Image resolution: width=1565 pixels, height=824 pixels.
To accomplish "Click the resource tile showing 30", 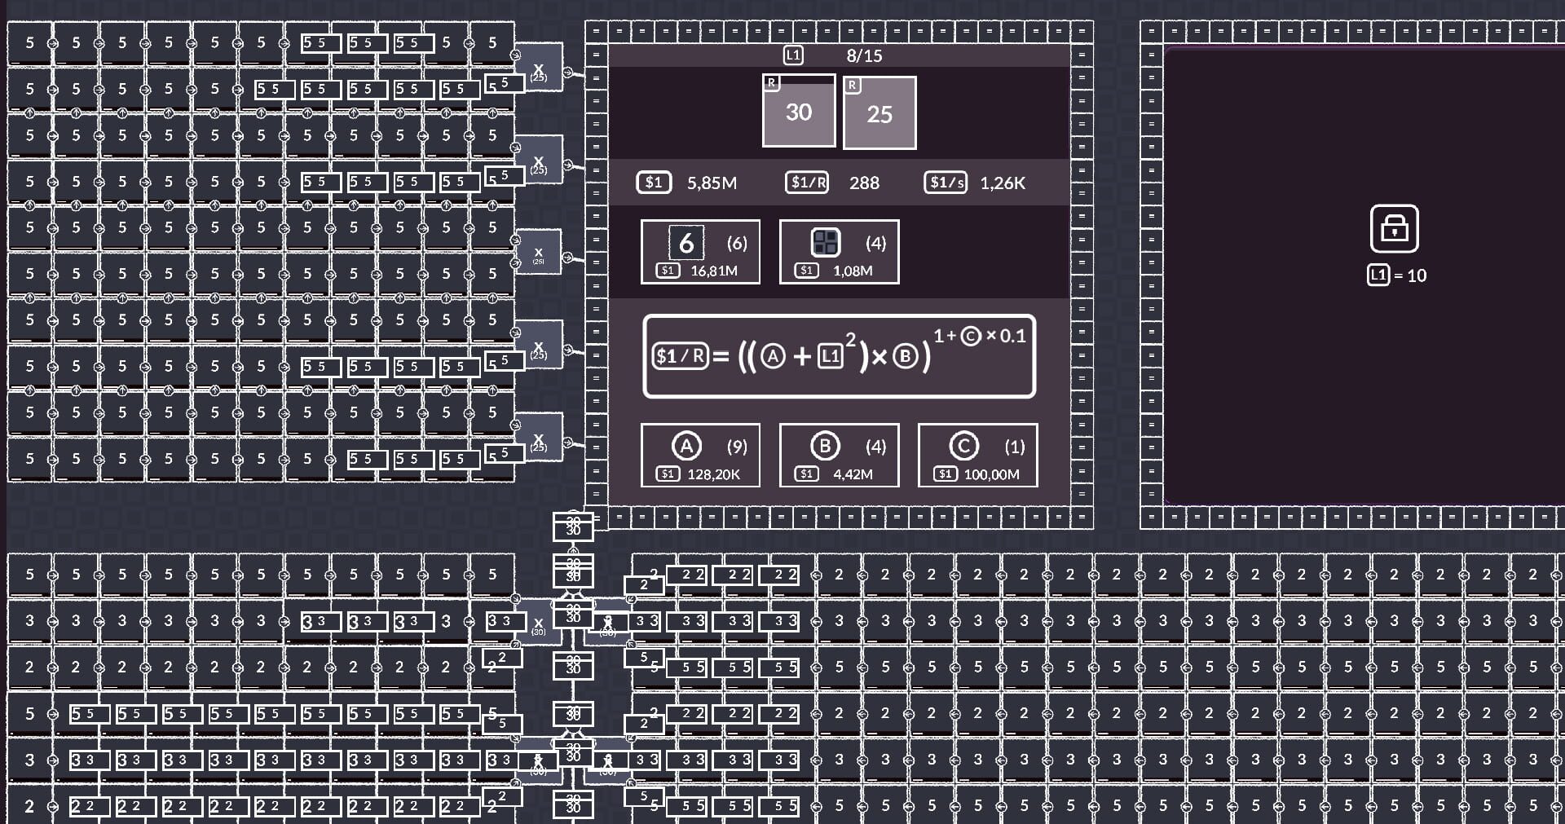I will click(x=798, y=112).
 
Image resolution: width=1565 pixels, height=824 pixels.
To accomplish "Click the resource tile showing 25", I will click(x=879, y=113).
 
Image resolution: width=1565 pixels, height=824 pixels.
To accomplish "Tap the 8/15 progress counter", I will click(x=864, y=55).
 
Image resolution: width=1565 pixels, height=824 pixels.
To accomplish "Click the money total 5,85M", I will click(x=711, y=183).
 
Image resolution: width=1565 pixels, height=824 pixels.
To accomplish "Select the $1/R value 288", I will click(x=864, y=183).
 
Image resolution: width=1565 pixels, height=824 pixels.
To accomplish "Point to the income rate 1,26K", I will click(x=1002, y=183).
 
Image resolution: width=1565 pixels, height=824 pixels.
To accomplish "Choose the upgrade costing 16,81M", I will click(x=700, y=252).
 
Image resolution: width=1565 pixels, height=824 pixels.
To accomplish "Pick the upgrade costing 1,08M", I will click(x=839, y=252).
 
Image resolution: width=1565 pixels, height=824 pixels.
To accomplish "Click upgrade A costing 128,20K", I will click(x=700, y=456).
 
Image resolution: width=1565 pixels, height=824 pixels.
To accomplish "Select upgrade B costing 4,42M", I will click(x=839, y=456).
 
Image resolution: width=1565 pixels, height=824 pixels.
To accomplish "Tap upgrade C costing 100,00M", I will click(x=977, y=456).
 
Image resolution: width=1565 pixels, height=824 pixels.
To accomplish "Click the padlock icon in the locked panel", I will click(x=1394, y=228).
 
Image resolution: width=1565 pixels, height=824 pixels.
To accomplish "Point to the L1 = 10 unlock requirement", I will click(x=1397, y=275).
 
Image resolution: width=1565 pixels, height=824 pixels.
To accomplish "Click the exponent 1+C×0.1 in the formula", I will click(x=979, y=336).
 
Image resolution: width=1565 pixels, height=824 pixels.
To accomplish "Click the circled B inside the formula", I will click(x=905, y=356).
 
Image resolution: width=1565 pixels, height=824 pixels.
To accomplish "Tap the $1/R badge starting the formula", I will click(x=680, y=356).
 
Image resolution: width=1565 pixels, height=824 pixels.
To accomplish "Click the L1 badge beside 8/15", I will click(x=793, y=55).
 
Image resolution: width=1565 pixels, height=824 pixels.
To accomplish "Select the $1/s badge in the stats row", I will click(x=946, y=183).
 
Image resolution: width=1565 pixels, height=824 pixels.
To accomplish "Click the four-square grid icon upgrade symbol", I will click(x=826, y=242).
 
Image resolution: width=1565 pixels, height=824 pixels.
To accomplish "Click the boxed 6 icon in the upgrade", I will click(x=686, y=242).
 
